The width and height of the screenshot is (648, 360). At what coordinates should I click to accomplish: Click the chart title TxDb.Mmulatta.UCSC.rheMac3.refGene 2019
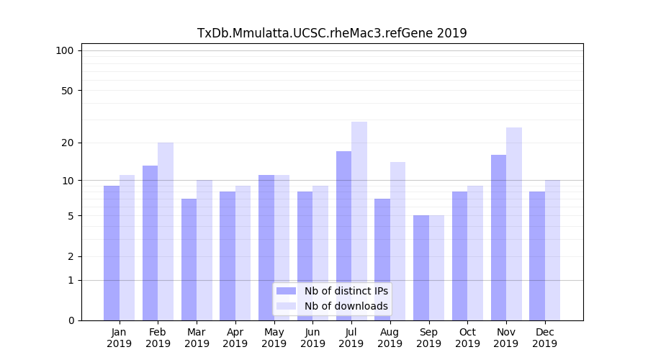(332, 33)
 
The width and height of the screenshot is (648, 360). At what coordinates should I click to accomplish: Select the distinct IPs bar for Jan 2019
(112, 253)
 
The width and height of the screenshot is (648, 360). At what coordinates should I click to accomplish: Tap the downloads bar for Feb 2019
(166, 231)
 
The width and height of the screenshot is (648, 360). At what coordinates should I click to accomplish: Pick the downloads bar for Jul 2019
(359, 221)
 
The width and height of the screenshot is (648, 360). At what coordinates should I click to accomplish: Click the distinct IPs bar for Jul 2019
(343, 235)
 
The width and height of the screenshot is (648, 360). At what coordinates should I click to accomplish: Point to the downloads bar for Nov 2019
(514, 224)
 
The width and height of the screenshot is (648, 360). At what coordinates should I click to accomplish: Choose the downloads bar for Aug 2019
(398, 241)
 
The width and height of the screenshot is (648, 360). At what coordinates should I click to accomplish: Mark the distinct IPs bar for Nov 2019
(498, 238)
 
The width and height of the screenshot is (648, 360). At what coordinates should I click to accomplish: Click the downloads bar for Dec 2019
(553, 250)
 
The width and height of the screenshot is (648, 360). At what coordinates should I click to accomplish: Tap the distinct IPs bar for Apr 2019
(228, 256)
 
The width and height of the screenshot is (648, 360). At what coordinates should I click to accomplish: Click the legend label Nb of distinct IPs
(346, 291)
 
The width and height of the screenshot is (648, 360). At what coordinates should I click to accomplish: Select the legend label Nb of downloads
(346, 306)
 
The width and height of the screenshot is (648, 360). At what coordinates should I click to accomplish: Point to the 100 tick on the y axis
(65, 50)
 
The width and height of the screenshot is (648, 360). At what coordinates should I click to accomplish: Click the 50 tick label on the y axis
(68, 91)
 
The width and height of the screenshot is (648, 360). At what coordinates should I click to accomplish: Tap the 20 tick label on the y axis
(68, 143)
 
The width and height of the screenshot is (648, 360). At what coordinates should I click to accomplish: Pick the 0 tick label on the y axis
(71, 320)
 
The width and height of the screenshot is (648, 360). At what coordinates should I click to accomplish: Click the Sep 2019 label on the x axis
(428, 338)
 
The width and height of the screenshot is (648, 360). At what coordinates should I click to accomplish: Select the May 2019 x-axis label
(274, 338)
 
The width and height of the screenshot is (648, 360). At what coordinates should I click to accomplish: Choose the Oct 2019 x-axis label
(467, 338)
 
